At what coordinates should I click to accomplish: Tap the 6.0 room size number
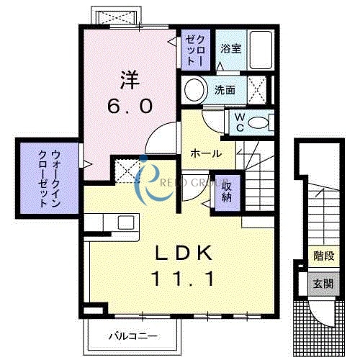(130, 106)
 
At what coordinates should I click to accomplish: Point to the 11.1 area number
(184, 277)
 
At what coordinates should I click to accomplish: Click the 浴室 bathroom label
(230, 50)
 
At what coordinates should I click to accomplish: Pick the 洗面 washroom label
(225, 91)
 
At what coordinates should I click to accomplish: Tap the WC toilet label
(237, 121)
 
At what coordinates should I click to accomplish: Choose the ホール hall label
(205, 153)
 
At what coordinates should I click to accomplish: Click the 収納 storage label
(226, 189)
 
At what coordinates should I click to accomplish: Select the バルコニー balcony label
(133, 336)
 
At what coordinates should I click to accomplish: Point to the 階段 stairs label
(322, 256)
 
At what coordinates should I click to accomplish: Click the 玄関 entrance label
(322, 284)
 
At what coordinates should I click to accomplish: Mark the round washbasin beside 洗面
(194, 91)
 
